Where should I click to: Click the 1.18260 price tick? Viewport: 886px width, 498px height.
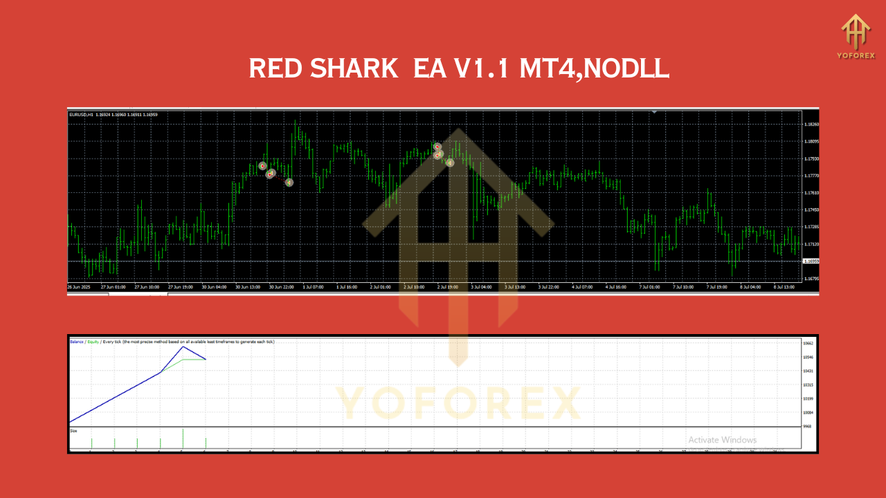pos(811,124)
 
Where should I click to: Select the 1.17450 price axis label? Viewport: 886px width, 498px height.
pos(811,210)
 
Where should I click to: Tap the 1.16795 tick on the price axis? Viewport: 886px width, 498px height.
pos(811,279)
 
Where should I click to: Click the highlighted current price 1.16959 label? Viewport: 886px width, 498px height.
pos(811,261)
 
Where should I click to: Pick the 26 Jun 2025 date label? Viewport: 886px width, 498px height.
pos(80,286)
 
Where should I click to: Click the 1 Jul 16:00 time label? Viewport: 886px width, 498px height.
pos(346,286)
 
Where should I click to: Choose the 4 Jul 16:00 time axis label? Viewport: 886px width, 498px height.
pos(615,286)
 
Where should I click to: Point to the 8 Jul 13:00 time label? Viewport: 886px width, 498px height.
pos(784,286)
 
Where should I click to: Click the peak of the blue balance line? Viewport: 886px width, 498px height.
pos(183,347)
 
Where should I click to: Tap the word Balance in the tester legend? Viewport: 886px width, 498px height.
pos(76,342)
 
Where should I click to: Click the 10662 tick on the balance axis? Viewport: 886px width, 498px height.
pos(808,343)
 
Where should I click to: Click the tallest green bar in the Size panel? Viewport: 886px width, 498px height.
pos(183,439)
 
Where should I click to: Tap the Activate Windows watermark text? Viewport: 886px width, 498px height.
pos(722,440)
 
